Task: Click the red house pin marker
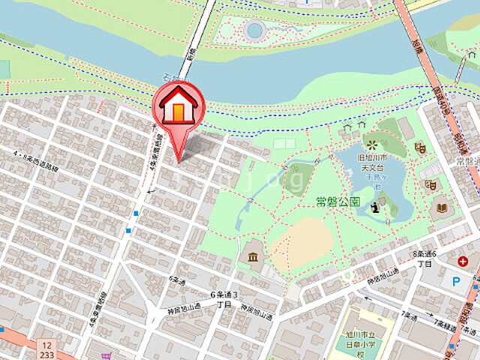click(178, 109)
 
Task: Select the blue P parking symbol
click(457, 283)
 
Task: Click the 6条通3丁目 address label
click(223, 299)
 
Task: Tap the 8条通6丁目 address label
click(424, 259)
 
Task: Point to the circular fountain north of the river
click(254, 30)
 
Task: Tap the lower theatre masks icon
click(430, 184)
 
